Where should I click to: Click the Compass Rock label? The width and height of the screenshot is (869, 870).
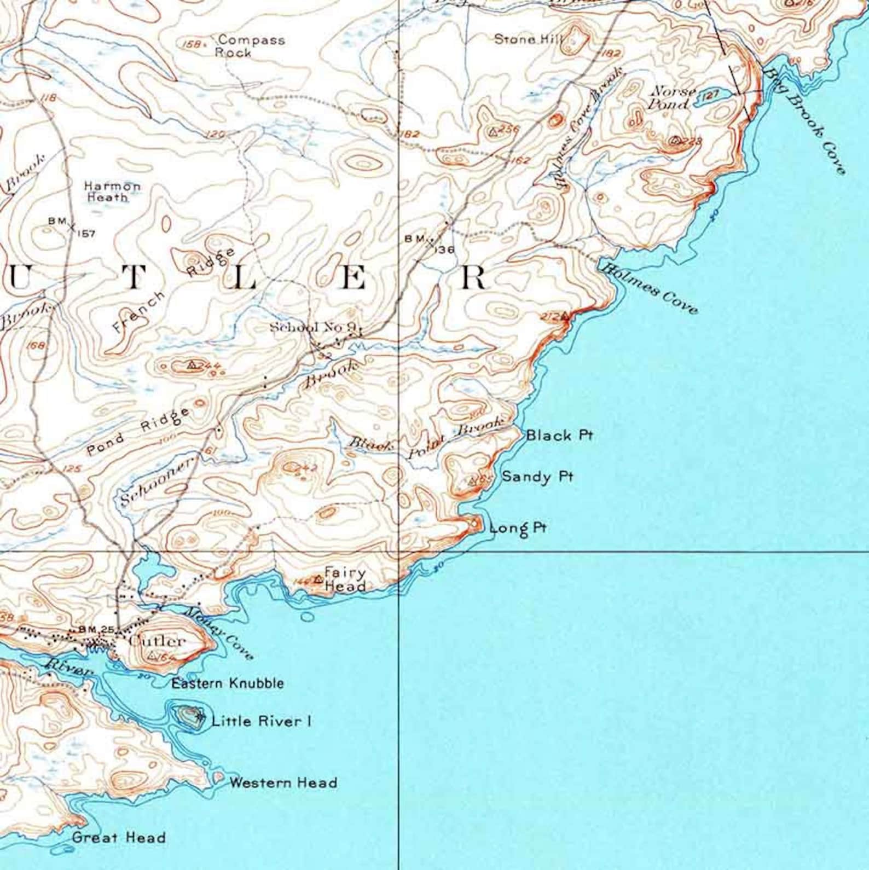pos(250,46)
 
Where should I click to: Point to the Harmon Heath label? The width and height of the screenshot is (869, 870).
pos(112,192)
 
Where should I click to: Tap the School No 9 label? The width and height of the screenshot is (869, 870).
pos(314,327)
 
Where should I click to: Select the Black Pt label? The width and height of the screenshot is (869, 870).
pos(559,436)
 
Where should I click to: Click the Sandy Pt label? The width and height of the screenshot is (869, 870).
pos(537,477)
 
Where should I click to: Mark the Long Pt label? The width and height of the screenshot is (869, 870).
pos(518,528)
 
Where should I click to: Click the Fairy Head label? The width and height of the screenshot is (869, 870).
pos(345,579)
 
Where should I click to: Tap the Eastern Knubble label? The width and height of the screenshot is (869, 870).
pos(227,683)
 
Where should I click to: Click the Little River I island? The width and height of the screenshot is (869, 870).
pos(188,716)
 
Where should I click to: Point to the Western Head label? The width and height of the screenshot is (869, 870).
pos(282,782)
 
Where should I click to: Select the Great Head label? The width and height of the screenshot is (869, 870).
pos(118,837)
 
